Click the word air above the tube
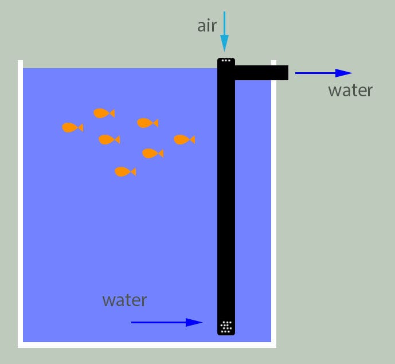point(208,26)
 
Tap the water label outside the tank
point(350,90)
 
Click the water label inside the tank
point(124,300)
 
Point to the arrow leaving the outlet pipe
point(323,73)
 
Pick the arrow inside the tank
point(167,322)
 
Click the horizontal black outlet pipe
point(261,73)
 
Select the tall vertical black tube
point(226,195)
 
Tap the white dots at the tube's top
point(226,60)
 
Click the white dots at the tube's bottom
point(226,327)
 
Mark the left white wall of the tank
point(20,201)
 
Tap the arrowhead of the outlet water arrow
point(343,73)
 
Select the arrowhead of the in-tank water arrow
point(195,322)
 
